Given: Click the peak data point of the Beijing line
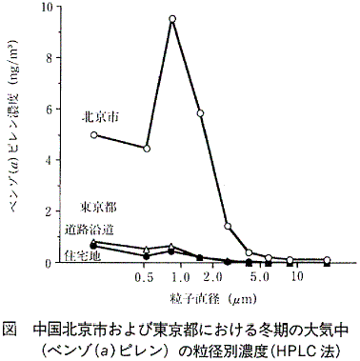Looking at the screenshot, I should click(172, 19).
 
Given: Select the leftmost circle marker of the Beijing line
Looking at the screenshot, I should click(93, 134).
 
